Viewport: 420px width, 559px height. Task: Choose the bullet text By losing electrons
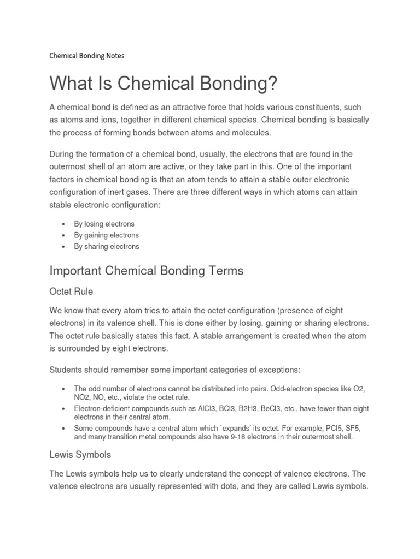pos(104,224)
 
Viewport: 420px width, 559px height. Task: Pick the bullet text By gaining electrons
pos(106,235)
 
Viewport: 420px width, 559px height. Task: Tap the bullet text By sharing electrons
pos(106,247)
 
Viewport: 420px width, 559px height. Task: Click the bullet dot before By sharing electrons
pos(64,247)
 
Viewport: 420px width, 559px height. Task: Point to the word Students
pos(66,370)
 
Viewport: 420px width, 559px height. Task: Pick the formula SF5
pos(342,428)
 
